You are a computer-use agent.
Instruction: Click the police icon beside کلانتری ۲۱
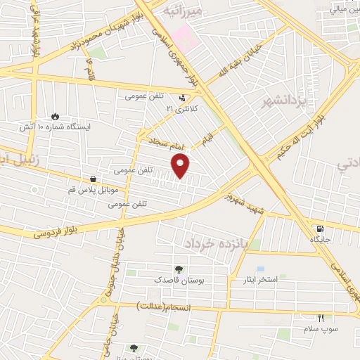183,98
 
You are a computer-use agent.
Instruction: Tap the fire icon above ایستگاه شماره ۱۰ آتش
56,115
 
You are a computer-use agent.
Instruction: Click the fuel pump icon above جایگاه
321,229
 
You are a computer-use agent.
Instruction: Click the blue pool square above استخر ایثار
261,269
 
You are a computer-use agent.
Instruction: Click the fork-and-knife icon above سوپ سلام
321,319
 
